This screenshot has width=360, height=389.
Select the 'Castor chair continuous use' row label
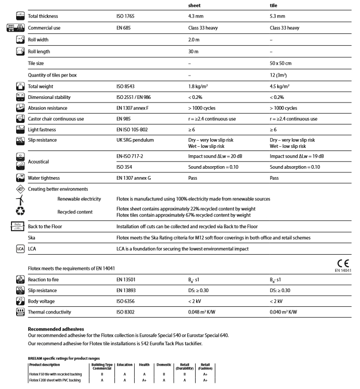(x=60, y=119)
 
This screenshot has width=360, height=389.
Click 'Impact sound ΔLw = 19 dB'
(x=297, y=156)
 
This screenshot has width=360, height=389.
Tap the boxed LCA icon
(x=14, y=249)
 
